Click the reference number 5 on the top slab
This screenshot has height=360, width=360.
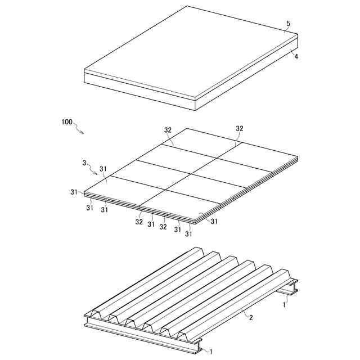288,24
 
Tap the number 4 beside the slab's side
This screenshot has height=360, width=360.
296,56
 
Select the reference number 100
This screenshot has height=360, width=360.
66,122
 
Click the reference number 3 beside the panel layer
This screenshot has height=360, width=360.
84,163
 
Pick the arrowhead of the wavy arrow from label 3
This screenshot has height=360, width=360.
96,174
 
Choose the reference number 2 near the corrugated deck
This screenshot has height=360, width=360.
251,317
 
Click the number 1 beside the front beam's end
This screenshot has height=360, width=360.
211,352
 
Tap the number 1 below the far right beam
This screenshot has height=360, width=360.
284,305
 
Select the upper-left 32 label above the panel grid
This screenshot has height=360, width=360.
168,130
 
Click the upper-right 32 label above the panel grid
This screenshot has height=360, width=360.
239,129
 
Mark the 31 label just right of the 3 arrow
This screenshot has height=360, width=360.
103,169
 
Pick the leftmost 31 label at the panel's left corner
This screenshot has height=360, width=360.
74,192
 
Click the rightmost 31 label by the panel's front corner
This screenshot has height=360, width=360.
214,221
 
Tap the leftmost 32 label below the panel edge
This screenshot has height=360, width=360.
139,222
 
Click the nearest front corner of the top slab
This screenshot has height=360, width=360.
195,100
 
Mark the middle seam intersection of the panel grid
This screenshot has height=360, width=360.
192,174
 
